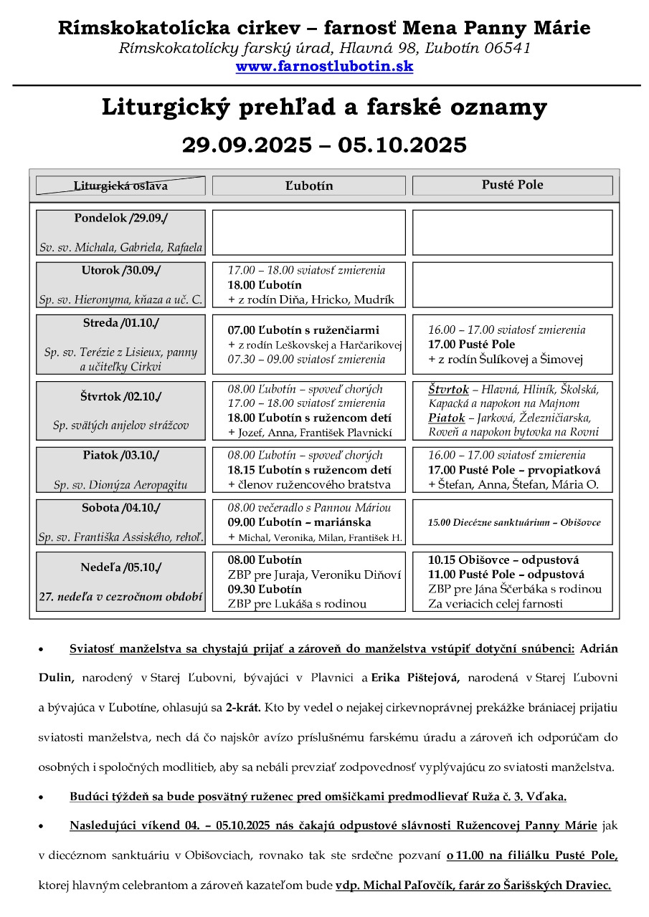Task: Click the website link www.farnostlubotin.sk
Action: click(x=324, y=67)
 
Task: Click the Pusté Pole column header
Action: click(x=512, y=185)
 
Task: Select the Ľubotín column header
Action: click(x=308, y=186)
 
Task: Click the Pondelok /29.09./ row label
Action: click(x=120, y=218)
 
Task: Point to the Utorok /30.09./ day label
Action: click(x=120, y=270)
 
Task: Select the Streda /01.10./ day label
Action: click(x=120, y=323)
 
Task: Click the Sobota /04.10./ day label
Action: click(x=120, y=508)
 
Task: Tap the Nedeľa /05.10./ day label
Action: click(x=120, y=567)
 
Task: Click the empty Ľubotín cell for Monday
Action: click(x=308, y=232)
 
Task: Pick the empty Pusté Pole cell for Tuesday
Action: click(x=512, y=284)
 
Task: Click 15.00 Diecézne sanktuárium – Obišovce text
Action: click(x=514, y=523)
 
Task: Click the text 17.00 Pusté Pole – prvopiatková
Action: click(x=514, y=470)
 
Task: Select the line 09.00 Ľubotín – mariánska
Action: click(x=305, y=522)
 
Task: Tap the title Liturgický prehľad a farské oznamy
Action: click(x=324, y=107)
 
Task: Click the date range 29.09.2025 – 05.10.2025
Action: click(x=324, y=145)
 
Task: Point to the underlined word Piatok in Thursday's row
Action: click(x=447, y=418)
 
